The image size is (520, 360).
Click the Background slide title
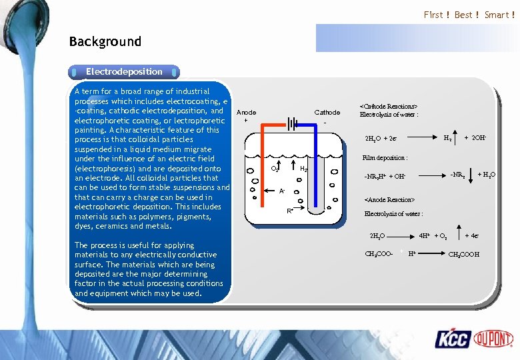[x=105, y=41]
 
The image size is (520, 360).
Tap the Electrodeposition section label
[x=124, y=71]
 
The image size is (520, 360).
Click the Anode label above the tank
[x=246, y=113]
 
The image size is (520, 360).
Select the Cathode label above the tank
[x=327, y=113]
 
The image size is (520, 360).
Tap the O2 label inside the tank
[x=273, y=169]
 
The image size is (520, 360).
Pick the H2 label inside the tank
[x=303, y=169]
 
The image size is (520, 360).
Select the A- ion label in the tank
[x=282, y=191]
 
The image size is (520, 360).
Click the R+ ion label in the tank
[x=290, y=211]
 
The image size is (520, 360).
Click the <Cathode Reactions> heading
[x=389, y=106]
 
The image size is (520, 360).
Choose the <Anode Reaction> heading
[x=389, y=200]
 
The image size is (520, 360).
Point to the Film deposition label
[x=385, y=158]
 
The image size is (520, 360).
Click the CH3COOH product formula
[x=463, y=254]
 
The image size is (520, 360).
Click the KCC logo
[x=453, y=339]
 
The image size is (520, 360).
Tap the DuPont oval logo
[x=493, y=339]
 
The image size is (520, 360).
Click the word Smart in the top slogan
[x=497, y=15]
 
